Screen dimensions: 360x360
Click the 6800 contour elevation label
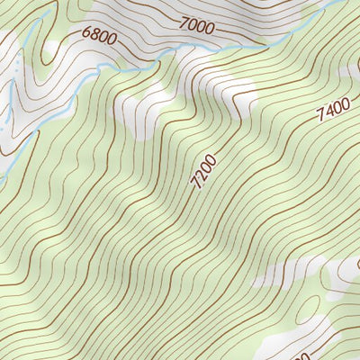[x=98, y=36]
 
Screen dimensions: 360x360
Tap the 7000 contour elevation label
[x=197, y=28]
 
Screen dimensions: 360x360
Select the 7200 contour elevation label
[x=204, y=172]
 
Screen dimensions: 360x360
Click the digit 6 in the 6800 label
[x=86, y=33]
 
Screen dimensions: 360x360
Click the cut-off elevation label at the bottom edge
[x=301, y=355]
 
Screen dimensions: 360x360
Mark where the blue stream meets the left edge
[x=2, y=175]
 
